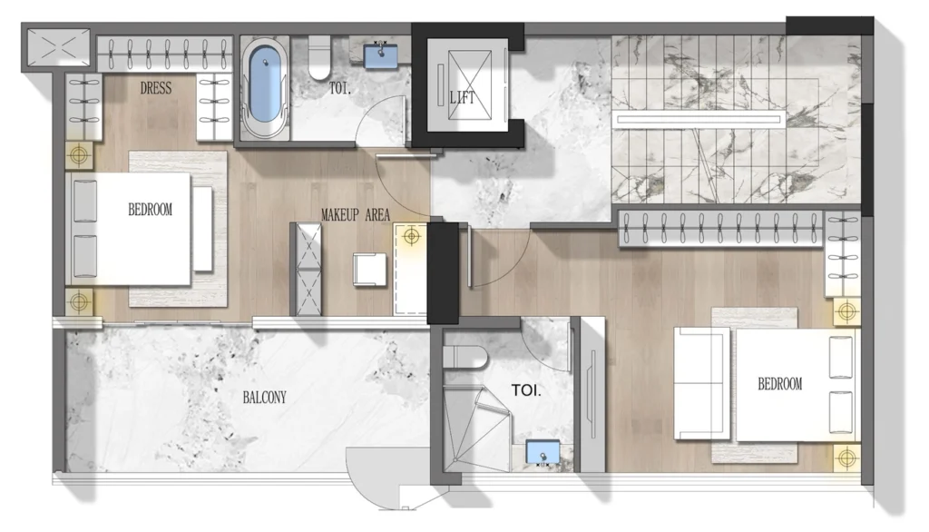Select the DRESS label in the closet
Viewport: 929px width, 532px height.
(157, 88)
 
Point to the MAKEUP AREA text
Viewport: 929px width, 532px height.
(356, 215)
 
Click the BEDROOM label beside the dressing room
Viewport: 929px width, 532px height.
(150, 210)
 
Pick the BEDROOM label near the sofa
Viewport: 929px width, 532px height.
(779, 384)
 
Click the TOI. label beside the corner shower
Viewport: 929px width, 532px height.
(526, 391)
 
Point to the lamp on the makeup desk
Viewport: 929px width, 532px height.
(412, 237)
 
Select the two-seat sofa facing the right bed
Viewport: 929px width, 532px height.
(701, 382)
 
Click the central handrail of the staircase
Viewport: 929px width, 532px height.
(699, 118)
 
